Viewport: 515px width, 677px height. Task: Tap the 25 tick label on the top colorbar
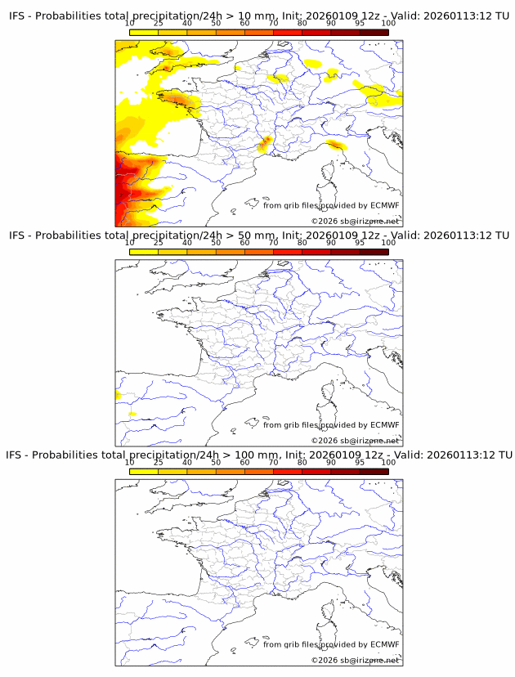pos(158,23)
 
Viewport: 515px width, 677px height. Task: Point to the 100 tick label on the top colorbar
pos(387,23)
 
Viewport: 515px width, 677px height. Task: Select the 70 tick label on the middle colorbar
pos(273,243)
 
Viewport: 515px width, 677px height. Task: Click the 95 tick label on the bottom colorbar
pos(359,463)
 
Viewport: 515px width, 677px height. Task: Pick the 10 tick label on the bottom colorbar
pos(130,463)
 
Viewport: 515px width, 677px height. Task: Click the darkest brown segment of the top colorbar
pos(374,32)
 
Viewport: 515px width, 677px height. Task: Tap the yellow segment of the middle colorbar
pos(143,252)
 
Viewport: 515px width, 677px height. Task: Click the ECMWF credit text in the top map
pos(331,205)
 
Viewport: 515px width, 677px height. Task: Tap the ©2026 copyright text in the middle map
pos(355,441)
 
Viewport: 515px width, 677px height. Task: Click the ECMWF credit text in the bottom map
pos(331,644)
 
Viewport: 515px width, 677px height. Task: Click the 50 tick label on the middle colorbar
pos(216,243)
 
